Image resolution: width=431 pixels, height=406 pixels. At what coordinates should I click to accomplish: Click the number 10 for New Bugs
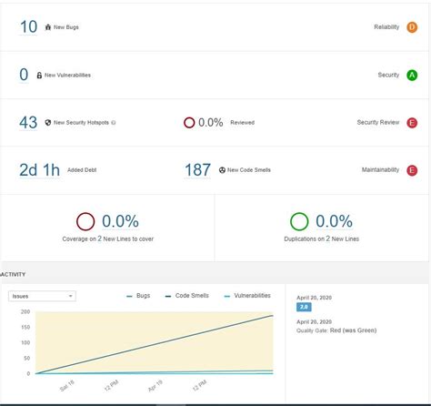tap(28, 27)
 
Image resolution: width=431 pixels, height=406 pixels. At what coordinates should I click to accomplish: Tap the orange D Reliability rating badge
tap(412, 27)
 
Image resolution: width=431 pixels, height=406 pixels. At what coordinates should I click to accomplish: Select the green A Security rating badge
tap(412, 75)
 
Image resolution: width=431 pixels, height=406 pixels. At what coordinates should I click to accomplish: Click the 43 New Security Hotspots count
tap(28, 122)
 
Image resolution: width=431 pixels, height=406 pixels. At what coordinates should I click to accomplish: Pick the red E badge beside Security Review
tap(412, 122)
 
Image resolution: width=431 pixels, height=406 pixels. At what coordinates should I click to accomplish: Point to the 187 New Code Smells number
tap(197, 169)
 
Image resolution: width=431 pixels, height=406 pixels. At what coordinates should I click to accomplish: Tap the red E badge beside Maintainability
tap(412, 169)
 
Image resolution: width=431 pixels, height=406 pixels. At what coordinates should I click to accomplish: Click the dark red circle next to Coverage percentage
tap(85, 221)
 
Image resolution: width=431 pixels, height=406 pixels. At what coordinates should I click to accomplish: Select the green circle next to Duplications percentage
tap(299, 221)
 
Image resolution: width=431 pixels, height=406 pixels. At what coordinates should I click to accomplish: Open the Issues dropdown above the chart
tap(42, 296)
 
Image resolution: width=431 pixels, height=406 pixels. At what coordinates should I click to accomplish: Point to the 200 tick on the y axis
tap(25, 311)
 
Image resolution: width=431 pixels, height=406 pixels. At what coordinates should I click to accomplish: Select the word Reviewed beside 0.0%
tap(242, 122)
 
